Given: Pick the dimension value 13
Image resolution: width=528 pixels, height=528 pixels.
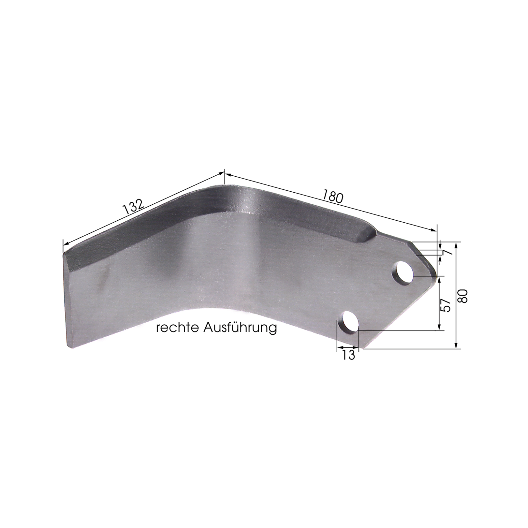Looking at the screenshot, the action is [348, 355].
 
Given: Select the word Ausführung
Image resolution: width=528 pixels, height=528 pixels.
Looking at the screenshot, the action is [240, 328].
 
